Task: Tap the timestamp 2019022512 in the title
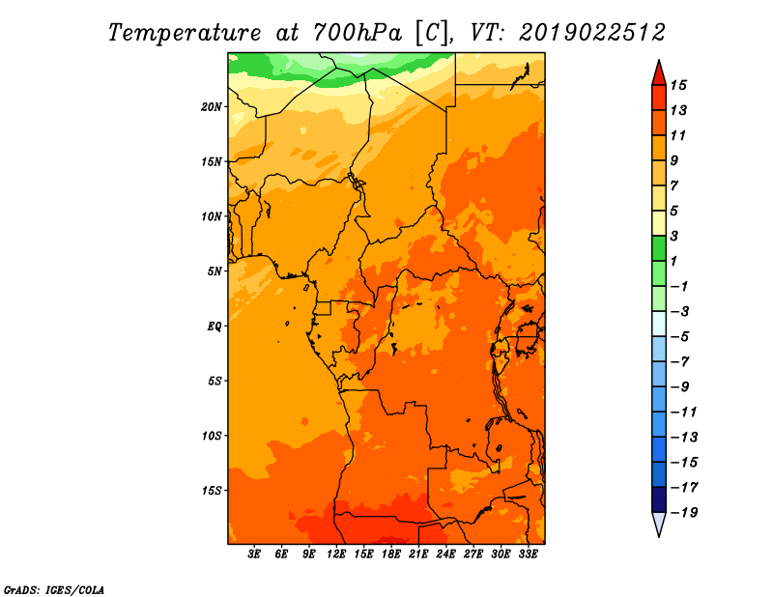(592, 32)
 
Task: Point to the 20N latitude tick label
(212, 106)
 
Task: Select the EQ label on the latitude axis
(215, 326)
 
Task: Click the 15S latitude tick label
(212, 490)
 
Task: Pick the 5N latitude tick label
(215, 270)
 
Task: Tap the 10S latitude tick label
(212, 435)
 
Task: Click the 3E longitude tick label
(255, 555)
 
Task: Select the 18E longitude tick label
(391, 555)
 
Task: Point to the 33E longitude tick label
(528, 555)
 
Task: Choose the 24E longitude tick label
(446, 555)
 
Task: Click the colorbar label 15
(691, 85)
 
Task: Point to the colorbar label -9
(693, 386)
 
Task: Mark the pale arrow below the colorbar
(658, 524)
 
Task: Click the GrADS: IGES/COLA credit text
(54, 588)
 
